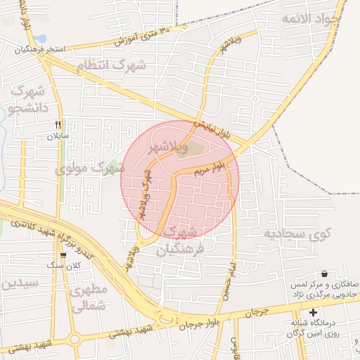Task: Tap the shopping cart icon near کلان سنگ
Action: pos(64,255)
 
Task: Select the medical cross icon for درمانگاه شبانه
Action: pos(313,311)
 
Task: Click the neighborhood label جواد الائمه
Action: pos(311,19)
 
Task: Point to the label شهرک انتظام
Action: pos(110,65)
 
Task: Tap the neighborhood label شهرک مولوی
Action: pos(90,169)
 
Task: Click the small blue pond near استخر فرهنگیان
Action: pos(41,38)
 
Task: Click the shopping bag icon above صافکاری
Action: pos(324,274)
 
